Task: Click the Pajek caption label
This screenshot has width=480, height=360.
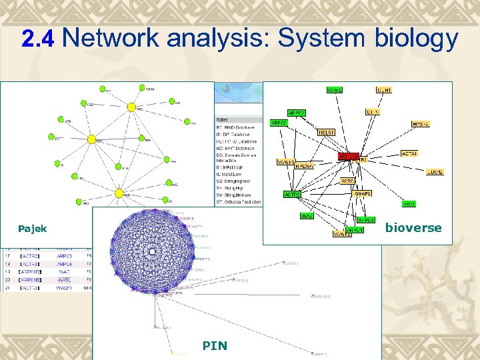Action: pyautogui.click(x=32, y=229)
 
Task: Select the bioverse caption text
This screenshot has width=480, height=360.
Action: pyautogui.click(x=413, y=228)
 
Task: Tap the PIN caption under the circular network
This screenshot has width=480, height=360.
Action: pyautogui.click(x=215, y=345)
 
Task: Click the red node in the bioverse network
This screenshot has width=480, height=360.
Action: pyautogui.click(x=347, y=156)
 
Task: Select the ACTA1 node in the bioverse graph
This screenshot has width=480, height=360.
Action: pyautogui.click(x=409, y=153)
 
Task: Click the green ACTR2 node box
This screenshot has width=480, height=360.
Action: pyautogui.click(x=292, y=193)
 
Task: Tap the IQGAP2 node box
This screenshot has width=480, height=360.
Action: pyautogui.click(x=363, y=193)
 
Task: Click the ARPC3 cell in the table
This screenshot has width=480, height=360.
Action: pyautogui.click(x=65, y=255)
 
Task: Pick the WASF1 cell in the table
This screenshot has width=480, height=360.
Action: pyautogui.click(x=65, y=287)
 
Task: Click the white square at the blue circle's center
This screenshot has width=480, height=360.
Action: pyautogui.click(x=153, y=251)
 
